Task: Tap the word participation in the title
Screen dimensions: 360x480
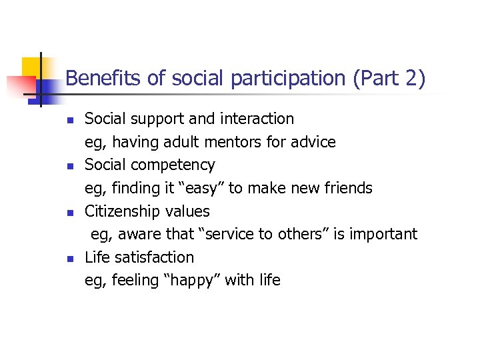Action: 289,79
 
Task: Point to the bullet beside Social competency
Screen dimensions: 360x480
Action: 69,167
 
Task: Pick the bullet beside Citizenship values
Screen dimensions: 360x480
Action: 69,213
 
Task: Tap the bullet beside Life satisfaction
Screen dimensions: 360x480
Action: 69,259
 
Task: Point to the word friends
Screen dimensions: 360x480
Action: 347,188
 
